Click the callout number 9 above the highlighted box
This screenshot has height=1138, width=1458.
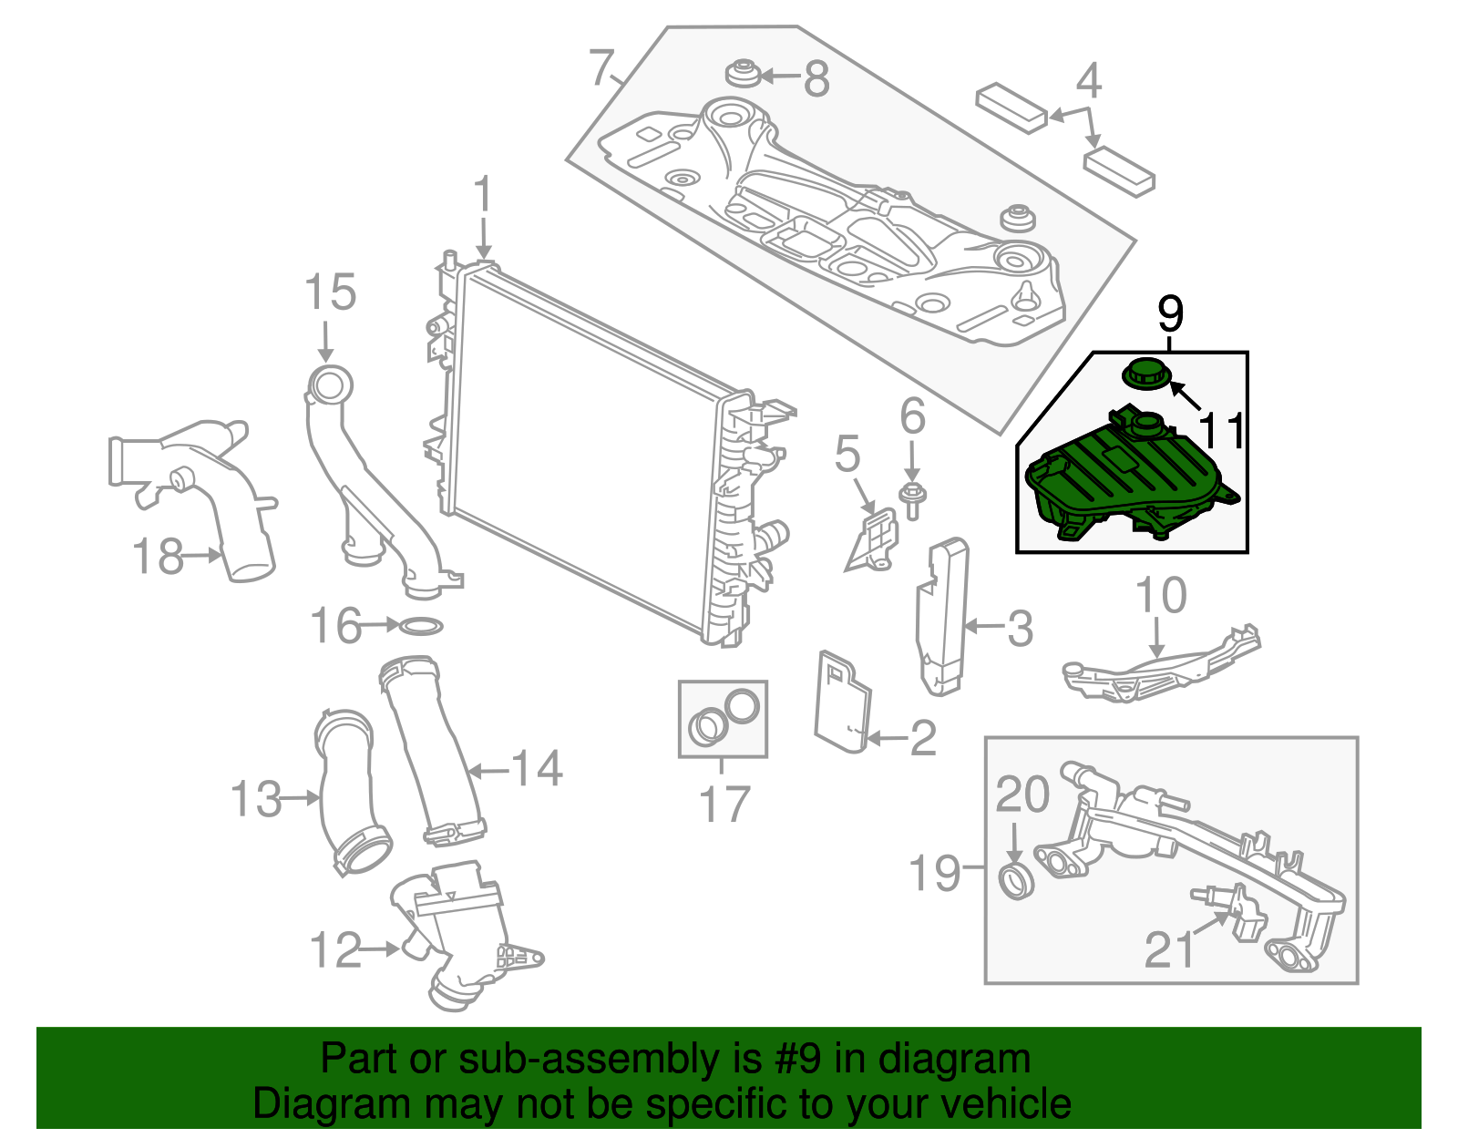click(1170, 314)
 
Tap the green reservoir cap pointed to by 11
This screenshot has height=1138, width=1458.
click(1145, 374)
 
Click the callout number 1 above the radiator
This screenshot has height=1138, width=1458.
click(483, 197)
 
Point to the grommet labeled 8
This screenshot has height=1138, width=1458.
click(743, 74)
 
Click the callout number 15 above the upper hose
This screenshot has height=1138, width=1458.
click(329, 293)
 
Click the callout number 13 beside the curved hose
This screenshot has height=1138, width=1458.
click(255, 800)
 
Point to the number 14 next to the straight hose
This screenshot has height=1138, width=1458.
click(537, 768)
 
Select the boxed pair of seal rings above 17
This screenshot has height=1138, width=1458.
click(724, 718)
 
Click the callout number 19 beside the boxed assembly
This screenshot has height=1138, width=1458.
click(935, 873)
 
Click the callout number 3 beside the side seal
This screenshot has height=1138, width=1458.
click(1020, 629)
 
